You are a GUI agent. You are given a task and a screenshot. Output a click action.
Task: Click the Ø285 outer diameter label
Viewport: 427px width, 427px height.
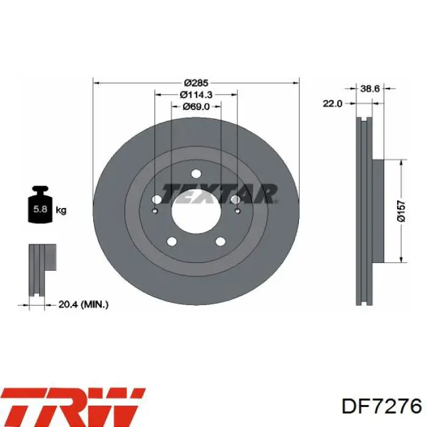click(x=196, y=82)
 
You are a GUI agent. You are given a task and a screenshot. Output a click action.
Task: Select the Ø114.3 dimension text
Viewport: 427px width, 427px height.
click(x=196, y=95)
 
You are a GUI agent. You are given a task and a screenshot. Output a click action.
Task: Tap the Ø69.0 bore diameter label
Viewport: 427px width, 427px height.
click(x=196, y=107)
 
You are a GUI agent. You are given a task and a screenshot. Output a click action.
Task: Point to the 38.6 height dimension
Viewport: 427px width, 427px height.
click(x=370, y=88)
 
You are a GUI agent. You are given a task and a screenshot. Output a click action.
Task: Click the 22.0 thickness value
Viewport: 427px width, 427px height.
click(x=332, y=104)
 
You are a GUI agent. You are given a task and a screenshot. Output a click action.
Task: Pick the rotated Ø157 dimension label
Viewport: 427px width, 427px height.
click(x=401, y=211)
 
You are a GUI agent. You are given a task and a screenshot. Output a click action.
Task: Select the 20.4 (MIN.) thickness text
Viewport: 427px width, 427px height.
click(x=84, y=304)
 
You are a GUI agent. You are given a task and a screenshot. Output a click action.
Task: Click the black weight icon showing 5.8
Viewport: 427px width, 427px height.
click(x=40, y=205)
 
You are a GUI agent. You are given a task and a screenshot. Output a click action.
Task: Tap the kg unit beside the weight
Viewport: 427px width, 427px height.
click(x=61, y=210)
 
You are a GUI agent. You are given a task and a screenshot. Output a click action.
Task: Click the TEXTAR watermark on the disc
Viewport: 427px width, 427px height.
click(x=219, y=194)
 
